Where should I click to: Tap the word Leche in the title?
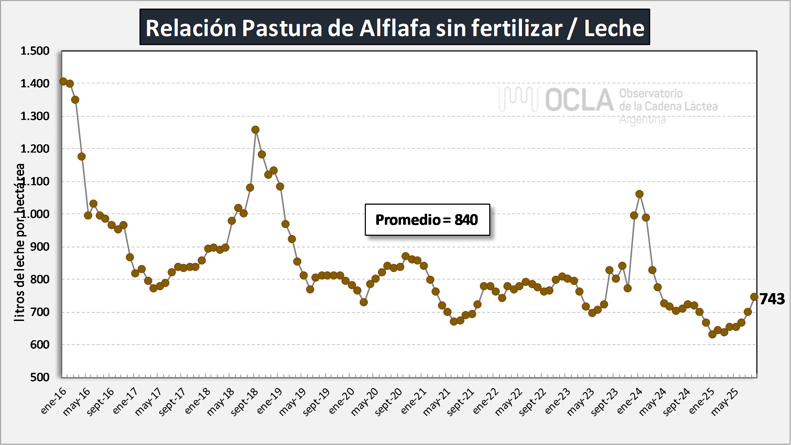point(614,28)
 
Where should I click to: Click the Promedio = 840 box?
point(427,220)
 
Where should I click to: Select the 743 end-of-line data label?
point(772,299)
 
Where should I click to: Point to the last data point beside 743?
point(754,297)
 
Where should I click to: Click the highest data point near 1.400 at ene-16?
point(63,81)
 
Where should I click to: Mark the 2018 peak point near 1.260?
point(255,130)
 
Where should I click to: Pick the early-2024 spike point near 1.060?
point(639,194)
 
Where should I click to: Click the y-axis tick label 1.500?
point(35,51)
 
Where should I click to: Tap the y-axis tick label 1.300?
point(35,116)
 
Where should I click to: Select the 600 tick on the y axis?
point(40,345)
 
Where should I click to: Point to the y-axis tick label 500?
point(40,377)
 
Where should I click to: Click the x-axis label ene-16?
point(54,401)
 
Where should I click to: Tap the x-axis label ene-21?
point(414,401)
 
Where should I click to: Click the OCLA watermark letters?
point(579,100)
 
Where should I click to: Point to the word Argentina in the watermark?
point(642,120)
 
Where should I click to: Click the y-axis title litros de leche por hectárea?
point(20,242)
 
